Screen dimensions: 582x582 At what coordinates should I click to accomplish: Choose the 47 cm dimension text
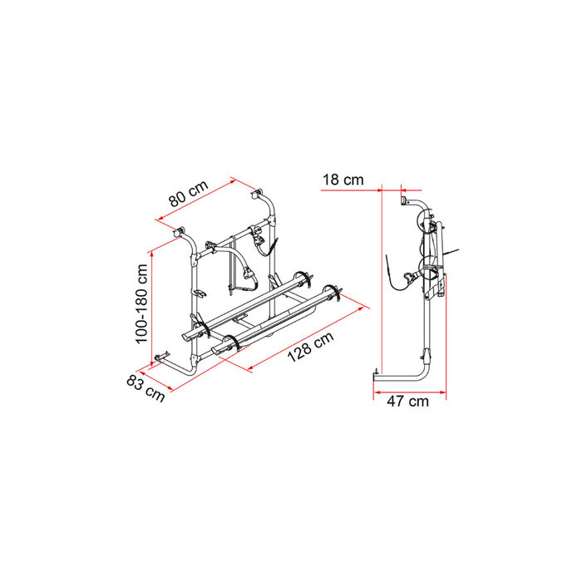(x=407, y=402)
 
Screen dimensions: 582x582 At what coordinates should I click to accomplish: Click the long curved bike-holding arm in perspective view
(x=242, y=266)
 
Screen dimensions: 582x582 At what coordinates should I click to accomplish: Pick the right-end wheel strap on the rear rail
(x=337, y=290)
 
